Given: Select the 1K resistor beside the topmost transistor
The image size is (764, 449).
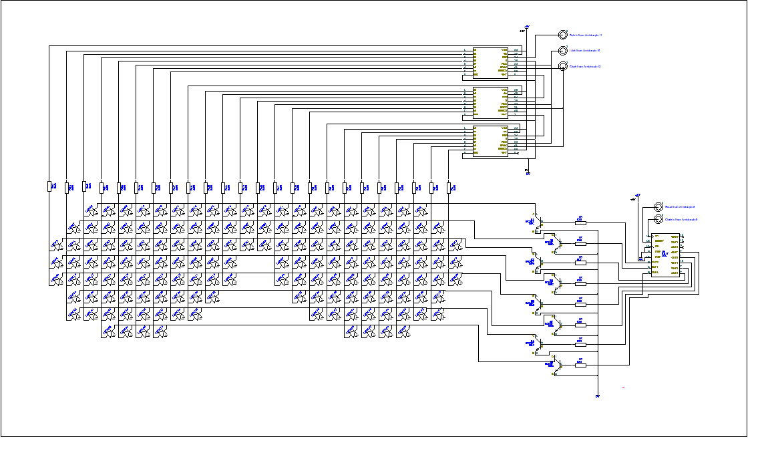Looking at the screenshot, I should point(591,221).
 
